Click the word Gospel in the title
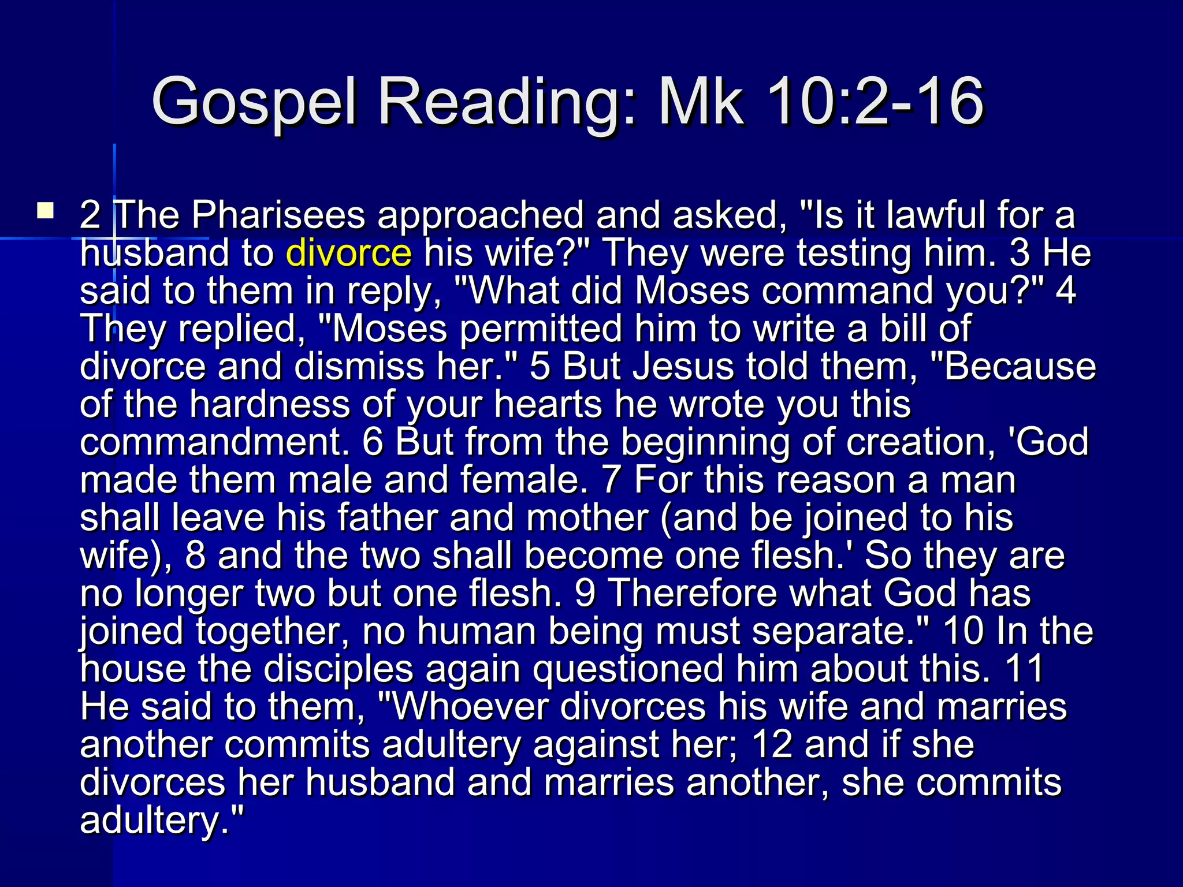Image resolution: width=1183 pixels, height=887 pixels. click(254, 103)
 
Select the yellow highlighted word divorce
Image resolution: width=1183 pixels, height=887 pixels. click(349, 253)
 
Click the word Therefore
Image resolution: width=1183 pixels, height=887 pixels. click(693, 593)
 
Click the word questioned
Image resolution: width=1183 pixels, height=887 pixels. click(628, 669)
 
